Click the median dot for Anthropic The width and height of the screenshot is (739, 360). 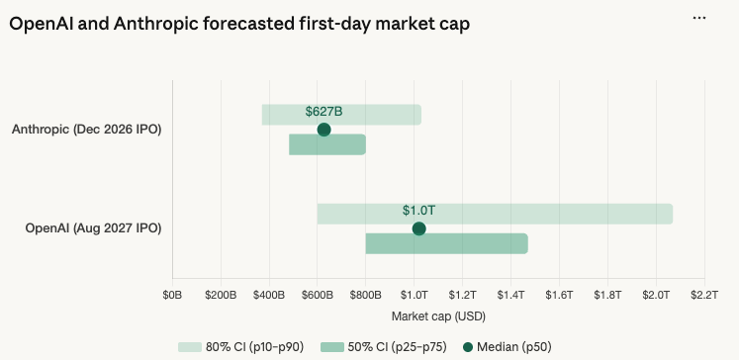tap(323, 130)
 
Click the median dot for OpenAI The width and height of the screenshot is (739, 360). tap(418, 228)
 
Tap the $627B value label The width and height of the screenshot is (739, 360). tap(323, 112)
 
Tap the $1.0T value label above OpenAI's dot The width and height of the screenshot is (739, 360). tap(418, 211)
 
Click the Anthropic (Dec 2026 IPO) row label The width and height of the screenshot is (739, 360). tap(87, 130)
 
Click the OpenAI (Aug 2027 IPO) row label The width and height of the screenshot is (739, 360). tap(93, 228)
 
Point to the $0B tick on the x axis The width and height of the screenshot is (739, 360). tap(172, 295)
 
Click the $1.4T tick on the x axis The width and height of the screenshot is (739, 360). tap(510, 295)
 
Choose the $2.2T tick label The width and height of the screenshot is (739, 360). tap(703, 295)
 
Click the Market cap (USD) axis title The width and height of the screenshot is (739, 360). tap(438, 316)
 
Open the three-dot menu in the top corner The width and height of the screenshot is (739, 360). tap(699, 18)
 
